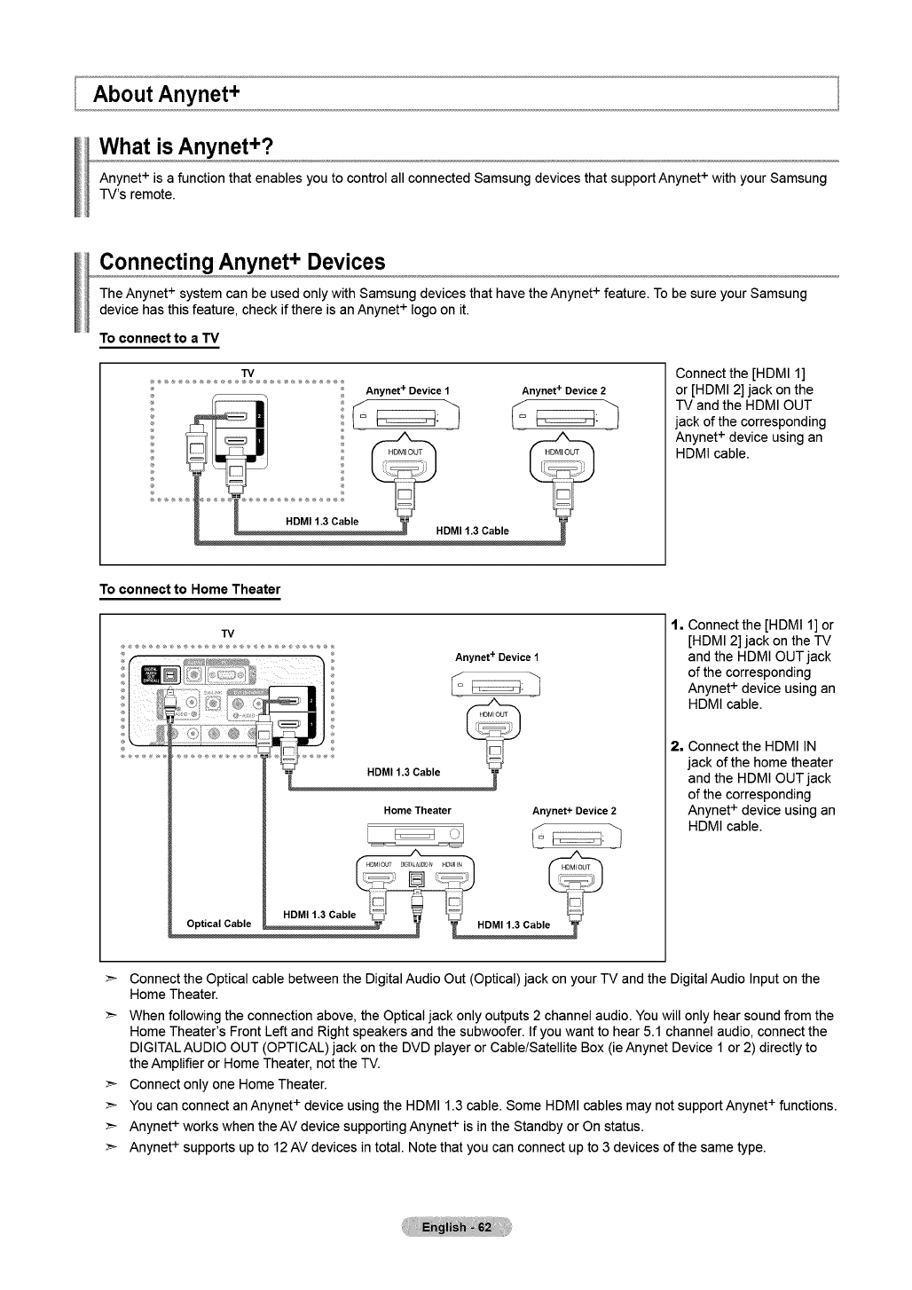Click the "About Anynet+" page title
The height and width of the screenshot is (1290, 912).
pos(169,93)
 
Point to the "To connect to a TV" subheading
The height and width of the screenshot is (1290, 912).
pos(159,339)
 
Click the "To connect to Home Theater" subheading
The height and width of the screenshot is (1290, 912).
pos(190,589)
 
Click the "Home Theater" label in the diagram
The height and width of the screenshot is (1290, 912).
pos(417,810)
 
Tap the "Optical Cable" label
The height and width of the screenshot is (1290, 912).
pos(219,924)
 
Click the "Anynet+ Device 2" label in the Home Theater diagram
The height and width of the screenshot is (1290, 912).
pos(574,811)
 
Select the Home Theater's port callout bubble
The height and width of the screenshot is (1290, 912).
pos(415,877)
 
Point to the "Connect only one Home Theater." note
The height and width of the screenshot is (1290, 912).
pos(228,1084)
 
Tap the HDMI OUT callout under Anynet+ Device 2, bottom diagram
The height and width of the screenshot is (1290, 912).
pos(577,877)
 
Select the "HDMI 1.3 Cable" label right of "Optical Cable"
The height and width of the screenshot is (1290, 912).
pos(318,915)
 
